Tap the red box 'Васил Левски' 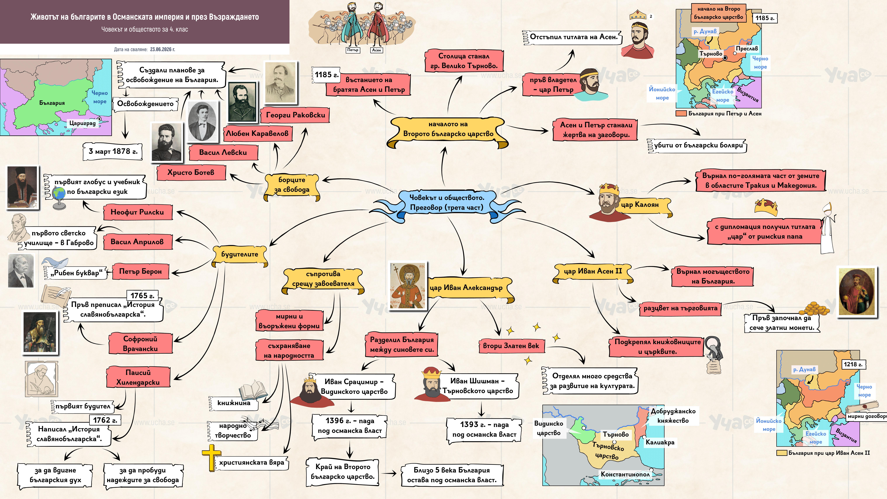(x=223, y=152)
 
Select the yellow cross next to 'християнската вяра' (x=211, y=457)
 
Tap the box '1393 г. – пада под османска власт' (x=484, y=429)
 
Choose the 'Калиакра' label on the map (x=660, y=442)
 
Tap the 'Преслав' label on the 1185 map (x=747, y=49)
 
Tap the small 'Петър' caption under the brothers (x=353, y=50)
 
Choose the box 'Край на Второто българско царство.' (x=343, y=472)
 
